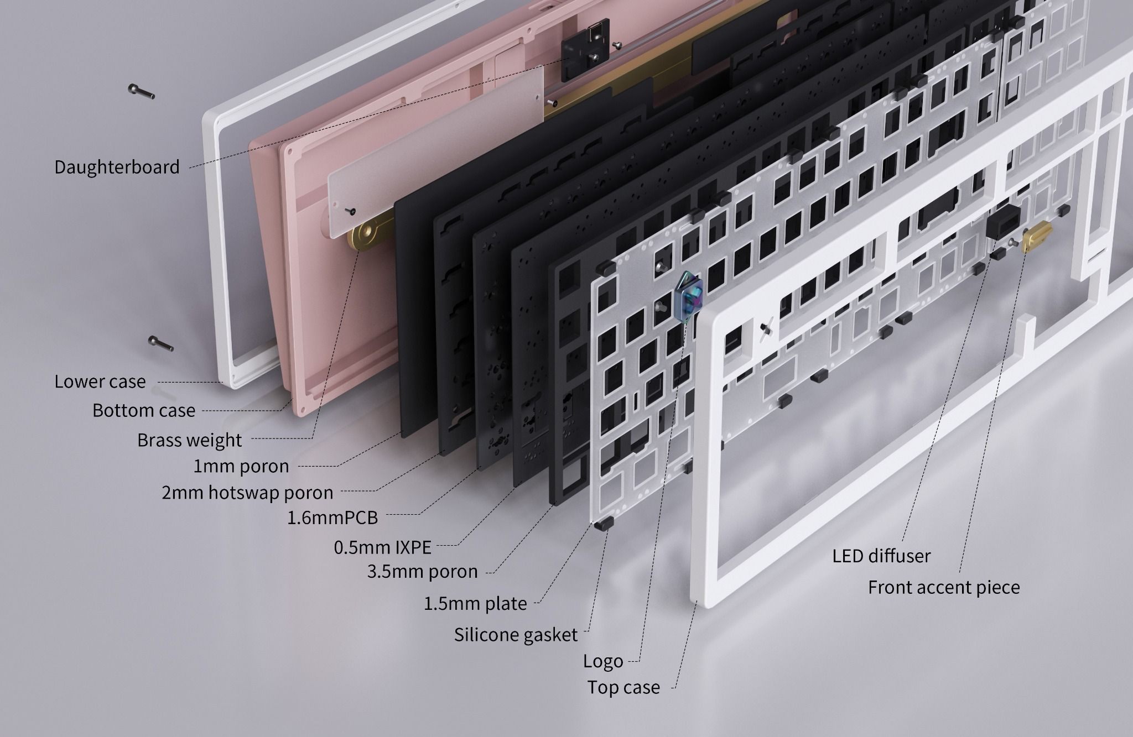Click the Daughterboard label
click(x=117, y=167)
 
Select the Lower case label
click(x=100, y=381)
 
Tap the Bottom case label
click(x=144, y=410)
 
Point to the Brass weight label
click(x=189, y=440)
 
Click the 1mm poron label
click(x=241, y=466)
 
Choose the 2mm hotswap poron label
click(x=247, y=492)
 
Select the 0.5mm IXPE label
click(x=382, y=547)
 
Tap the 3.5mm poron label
click(x=422, y=571)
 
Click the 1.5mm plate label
click(x=475, y=603)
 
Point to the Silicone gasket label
click(x=516, y=634)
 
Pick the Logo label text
click(x=603, y=661)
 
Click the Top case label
click(x=623, y=687)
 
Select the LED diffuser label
click(x=882, y=556)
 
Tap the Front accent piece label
click(x=944, y=587)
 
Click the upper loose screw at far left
click(x=142, y=92)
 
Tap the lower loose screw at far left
click(x=161, y=343)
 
